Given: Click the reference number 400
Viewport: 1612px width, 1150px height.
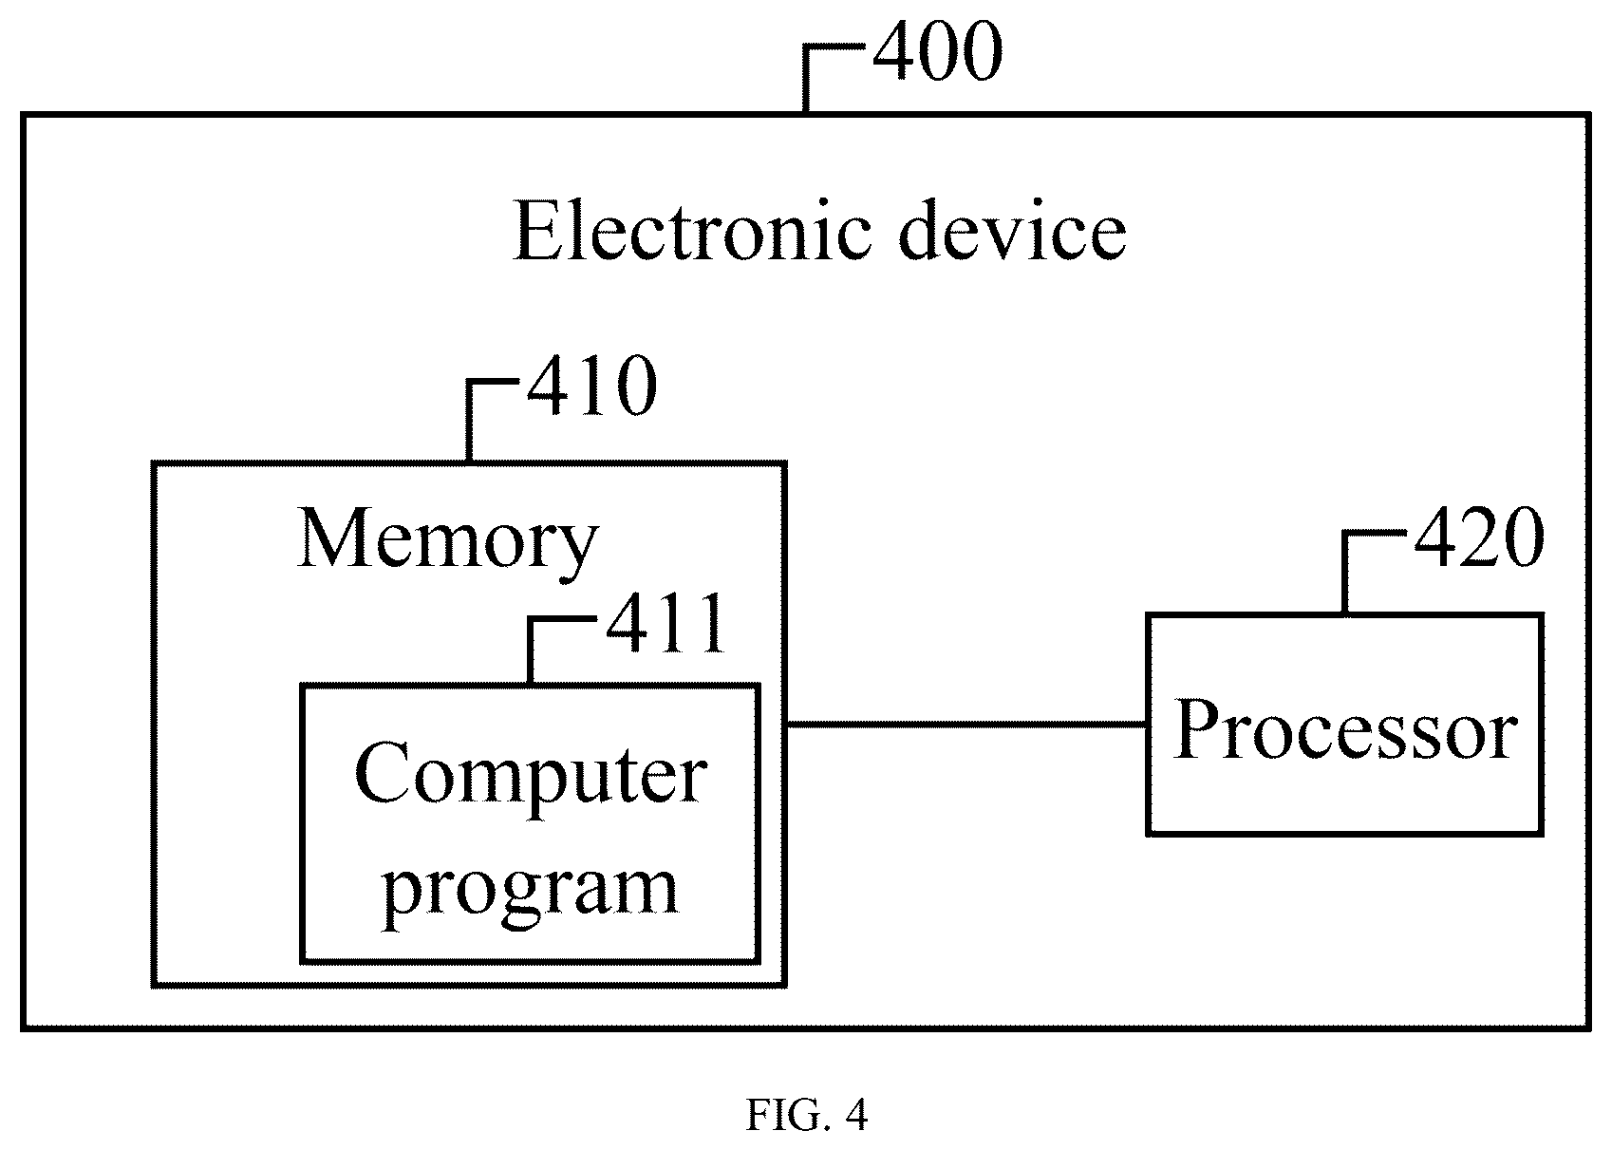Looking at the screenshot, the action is pos(938,51).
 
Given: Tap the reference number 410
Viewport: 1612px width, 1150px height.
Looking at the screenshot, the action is pos(592,386).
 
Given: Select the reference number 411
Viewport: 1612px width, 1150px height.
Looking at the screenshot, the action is pos(666,623).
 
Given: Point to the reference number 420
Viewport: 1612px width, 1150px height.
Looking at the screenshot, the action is pos(1480,537).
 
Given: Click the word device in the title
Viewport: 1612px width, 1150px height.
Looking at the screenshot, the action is pos(1013,232).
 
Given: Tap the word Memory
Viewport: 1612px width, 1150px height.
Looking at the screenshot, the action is pos(447,541).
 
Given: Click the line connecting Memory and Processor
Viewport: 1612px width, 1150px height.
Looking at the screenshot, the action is pos(966,724).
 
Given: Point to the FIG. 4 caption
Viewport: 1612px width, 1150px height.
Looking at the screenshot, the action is pos(807,1116).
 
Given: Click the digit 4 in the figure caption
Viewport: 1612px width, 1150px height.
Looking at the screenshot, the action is pos(855,1116).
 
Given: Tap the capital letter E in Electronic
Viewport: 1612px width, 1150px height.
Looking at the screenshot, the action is pos(536,232).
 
